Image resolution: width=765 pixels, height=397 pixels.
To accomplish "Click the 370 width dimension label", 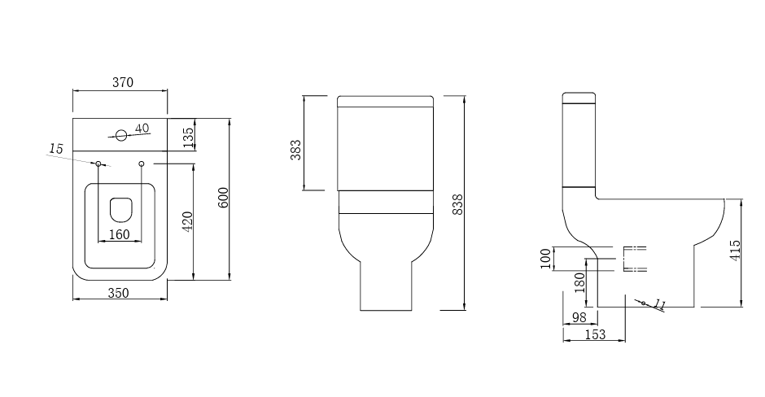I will click(122, 82).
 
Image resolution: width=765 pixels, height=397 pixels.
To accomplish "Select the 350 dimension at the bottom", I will click(119, 294).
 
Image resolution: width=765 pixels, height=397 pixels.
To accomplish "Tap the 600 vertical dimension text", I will click(223, 198).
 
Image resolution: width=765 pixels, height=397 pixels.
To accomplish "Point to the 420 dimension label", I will click(186, 222).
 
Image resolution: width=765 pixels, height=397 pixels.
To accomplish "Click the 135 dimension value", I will click(188, 137).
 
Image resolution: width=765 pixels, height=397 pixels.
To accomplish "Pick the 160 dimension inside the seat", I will click(119, 235).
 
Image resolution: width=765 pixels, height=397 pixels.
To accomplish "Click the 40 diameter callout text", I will click(142, 129).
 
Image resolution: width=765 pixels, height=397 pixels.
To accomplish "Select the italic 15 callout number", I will click(55, 148).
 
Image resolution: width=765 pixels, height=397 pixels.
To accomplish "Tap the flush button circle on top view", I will click(121, 134).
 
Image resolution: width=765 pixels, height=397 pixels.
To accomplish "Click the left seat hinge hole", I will click(98, 164).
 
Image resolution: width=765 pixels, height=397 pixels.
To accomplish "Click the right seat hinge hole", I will click(142, 164).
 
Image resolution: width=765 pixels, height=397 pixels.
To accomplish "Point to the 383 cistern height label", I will click(296, 149).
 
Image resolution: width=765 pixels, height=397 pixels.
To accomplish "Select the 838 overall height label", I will click(457, 203).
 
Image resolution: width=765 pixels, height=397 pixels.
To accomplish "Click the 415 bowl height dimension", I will click(735, 251).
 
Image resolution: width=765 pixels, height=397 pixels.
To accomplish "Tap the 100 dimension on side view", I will click(544, 259).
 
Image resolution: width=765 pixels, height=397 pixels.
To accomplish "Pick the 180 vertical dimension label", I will click(579, 283).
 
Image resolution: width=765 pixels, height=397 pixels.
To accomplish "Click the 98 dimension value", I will click(579, 317).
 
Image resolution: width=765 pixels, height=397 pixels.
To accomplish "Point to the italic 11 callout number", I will click(659, 305).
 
